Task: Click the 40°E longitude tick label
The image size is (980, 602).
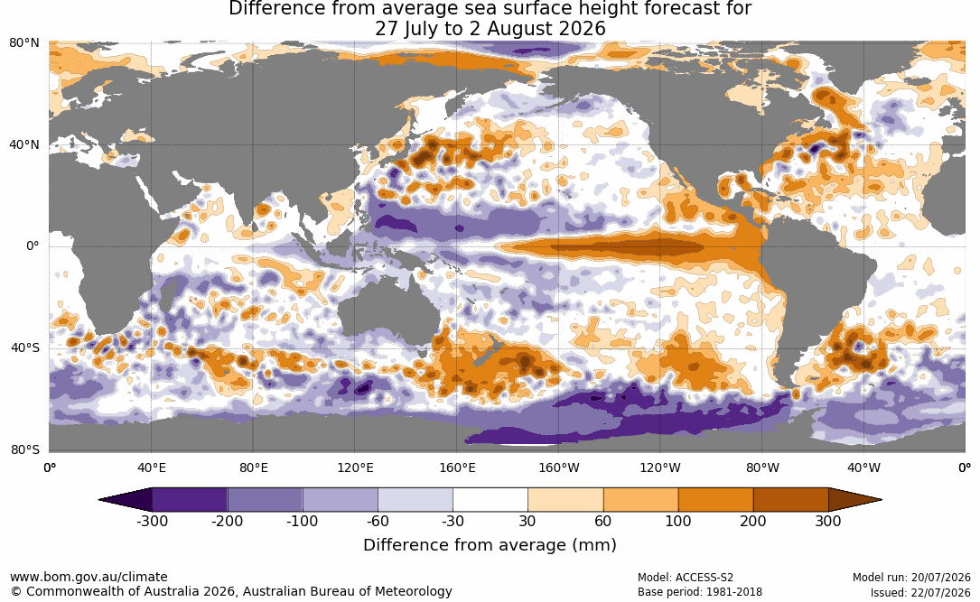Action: coord(151,468)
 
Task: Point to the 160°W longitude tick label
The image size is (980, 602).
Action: coord(559,468)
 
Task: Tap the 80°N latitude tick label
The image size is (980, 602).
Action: coord(24,42)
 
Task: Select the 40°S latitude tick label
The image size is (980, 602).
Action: coord(25,347)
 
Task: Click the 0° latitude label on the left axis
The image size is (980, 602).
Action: coord(33,246)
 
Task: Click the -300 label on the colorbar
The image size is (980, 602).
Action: coord(152,521)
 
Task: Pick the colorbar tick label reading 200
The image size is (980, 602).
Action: coord(753,521)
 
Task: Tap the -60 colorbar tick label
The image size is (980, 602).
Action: coord(378,521)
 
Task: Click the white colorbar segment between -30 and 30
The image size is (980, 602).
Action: coord(490,500)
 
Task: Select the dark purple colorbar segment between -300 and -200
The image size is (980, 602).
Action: coord(190,500)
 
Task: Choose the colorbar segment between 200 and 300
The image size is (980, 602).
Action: coord(790,500)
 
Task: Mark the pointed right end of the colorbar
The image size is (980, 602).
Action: coord(881,500)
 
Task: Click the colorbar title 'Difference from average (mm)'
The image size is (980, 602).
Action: coord(490,544)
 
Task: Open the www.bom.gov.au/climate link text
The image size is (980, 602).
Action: coord(89,577)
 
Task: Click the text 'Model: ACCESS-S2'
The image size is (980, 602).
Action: coord(685,577)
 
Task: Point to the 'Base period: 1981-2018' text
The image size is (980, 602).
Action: coord(699,591)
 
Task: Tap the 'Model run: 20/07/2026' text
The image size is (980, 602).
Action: coord(911,577)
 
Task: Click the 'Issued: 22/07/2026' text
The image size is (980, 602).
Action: coord(920,592)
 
